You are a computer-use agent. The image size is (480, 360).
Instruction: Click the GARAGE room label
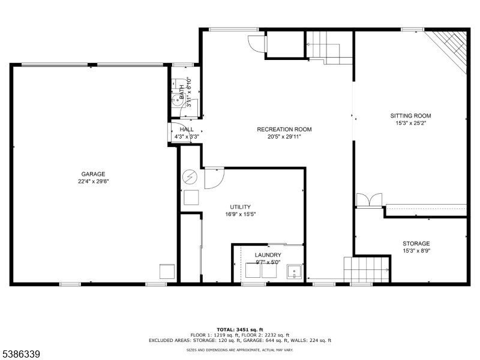tap(93, 174)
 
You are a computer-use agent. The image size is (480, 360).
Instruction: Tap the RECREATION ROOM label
tap(284, 129)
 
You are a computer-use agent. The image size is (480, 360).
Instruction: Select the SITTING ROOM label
tap(410, 116)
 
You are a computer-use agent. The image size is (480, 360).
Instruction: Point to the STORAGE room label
tap(416, 244)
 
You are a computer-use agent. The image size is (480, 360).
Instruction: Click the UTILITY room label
tap(241, 207)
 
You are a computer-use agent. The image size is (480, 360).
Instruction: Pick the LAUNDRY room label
tap(268, 254)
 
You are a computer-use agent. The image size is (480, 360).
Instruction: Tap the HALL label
tap(187, 129)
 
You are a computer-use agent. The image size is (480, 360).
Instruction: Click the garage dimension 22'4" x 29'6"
tap(94, 181)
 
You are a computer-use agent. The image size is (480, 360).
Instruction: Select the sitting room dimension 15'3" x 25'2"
tap(410, 123)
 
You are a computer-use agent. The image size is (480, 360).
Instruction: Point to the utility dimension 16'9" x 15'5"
tap(241, 214)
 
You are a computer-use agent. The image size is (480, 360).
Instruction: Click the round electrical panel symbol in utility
tap(190, 177)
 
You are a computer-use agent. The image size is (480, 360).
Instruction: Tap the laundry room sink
tap(294, 272)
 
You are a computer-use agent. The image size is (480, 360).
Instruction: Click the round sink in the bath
tap(177, 100)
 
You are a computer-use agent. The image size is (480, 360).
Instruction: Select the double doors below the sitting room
tap(369, 200)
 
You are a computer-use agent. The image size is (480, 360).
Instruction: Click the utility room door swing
tap(214, 178)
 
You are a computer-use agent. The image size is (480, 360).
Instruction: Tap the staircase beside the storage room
tap(367, 269)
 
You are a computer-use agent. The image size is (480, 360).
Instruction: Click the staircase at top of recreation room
tap(329, 48)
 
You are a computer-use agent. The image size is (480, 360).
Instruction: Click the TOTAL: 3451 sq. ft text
tap(239, 329)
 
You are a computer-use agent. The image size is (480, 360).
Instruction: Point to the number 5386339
tap(20, 354)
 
